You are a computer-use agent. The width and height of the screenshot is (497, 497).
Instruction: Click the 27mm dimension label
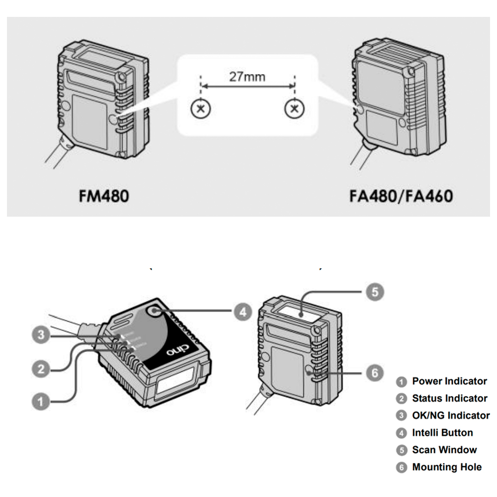click(247, 77)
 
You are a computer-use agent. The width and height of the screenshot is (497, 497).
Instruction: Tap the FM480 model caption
click(104, 195)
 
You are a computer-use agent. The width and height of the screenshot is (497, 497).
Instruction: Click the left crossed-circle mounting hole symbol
click(200, 109)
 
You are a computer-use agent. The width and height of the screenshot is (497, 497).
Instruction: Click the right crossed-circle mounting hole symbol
click(295, 109)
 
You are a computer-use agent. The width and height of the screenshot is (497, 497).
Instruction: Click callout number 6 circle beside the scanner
click(375, 372)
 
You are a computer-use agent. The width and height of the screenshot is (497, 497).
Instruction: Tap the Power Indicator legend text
click(449, 382)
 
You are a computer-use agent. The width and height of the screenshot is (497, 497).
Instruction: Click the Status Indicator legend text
click(449, 399)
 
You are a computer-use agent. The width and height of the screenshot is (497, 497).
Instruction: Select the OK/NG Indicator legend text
click(451, 415)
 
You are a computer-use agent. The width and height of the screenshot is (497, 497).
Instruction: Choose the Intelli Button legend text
click(442, 433)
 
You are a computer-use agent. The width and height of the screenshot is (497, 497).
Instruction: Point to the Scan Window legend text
click(444, 450)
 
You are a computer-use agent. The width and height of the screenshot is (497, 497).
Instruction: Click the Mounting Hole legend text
click(446, 467)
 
